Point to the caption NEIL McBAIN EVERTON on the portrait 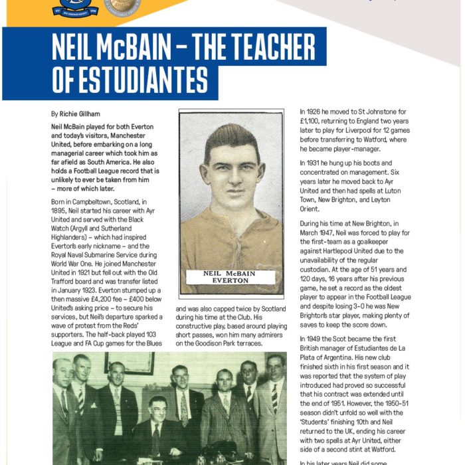tap(231, 277)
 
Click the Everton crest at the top tap(75, 7)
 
